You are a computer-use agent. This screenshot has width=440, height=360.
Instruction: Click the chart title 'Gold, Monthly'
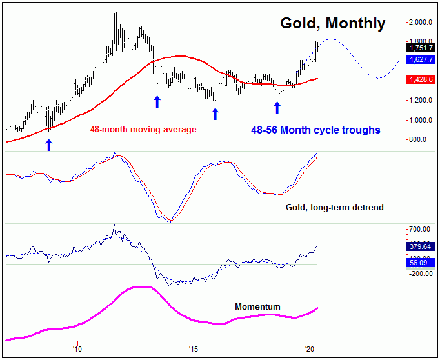pos(332,24)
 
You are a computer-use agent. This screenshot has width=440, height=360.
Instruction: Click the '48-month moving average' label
pos(143,130)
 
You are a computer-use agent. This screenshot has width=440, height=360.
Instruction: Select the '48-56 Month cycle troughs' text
pos(316,130)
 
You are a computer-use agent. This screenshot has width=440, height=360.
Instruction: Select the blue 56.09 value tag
pos(420,263)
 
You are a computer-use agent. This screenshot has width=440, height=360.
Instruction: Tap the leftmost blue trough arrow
pos(48,145)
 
